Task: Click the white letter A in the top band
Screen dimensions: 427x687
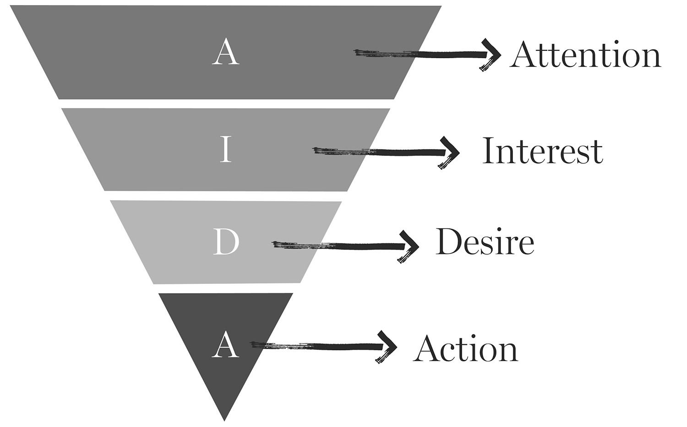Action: pyautogui.click(x=225, y=52)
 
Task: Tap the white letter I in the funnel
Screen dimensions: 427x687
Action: pyautogui.click(x=225, y=150)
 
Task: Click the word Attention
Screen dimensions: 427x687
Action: pyautogui.click(x=585, y=55)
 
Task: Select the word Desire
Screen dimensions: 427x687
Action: pyautogui.click(x=485, y=242)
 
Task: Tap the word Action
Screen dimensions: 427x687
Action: pyautogui.click(x=465, y=349)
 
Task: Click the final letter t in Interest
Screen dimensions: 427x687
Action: pyautogui.click(x=597, y=153)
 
